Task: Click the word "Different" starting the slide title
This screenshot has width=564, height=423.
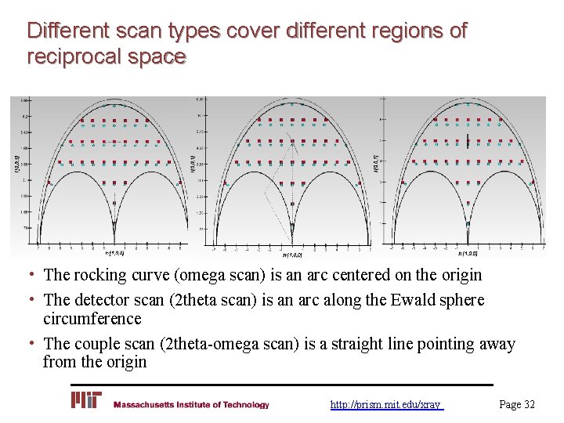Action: (x=67, y=31)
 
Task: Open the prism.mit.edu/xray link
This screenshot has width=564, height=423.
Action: (x=385, y=405)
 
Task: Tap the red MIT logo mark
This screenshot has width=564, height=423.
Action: (x=86, y=400)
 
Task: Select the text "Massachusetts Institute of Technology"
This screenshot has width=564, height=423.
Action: (x=191, y=405)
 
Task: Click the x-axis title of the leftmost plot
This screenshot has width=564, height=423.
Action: (x=114, y=253)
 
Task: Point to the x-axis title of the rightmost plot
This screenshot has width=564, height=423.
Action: (x=468, y=253)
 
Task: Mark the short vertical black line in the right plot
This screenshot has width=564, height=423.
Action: (x=468, y=142)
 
